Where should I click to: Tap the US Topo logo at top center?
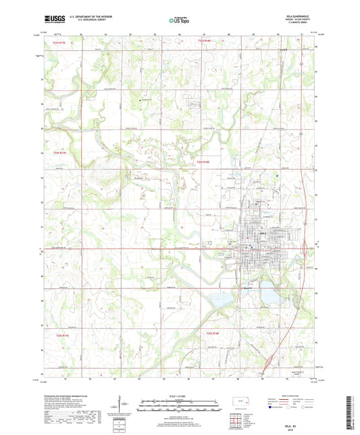(x=180, y=21)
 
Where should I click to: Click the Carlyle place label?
(x=284, y=49)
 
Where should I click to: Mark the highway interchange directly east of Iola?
(x=312, y=245)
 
